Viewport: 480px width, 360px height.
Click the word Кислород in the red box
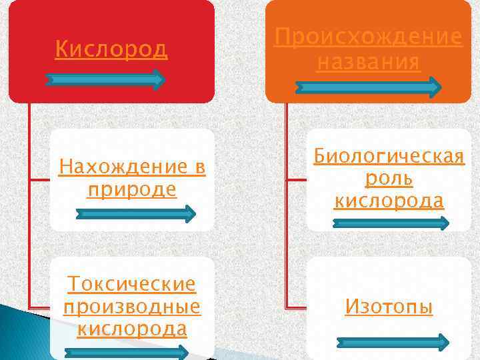tap(111, 49)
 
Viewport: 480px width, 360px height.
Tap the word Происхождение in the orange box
tap(369, 37)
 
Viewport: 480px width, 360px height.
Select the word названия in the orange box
tap(369, 63)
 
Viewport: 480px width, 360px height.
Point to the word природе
tap(132, 189)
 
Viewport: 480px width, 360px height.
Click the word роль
tap(389, 179)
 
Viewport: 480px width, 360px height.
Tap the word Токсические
tap(132, 285)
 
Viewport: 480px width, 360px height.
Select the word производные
tap(132, 307)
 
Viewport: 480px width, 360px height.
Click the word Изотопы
tap(389, 307)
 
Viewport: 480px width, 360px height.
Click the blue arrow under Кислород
tap(105, 80)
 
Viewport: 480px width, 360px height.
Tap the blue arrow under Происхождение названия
tap(369, 87)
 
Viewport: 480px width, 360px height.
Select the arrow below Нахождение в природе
tap(135, 214)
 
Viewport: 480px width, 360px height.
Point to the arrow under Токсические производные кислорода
tap(127, 353)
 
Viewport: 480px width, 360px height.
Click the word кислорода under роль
tap(389, 201)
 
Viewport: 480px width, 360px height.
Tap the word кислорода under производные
tap(132, 329)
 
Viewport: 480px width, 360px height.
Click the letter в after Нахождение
tap(199, 166)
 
